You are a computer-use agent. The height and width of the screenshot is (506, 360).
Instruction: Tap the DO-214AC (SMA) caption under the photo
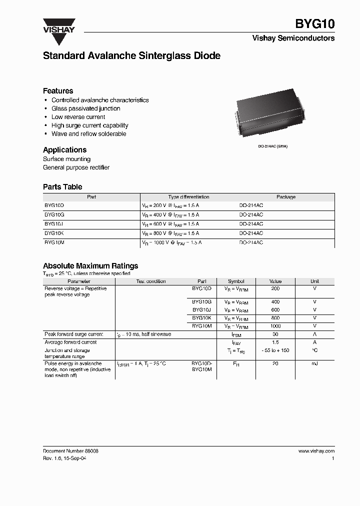[272, 145]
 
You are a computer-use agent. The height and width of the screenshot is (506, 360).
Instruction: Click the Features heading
[58, 91]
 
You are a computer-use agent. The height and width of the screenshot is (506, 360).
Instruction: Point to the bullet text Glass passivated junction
[85, 108]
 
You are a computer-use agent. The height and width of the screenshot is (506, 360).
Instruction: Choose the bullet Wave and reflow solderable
[88, 134]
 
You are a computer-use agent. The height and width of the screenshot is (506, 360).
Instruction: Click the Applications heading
[64, 150]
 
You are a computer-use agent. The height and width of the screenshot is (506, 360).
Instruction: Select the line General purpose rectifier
[76, 167]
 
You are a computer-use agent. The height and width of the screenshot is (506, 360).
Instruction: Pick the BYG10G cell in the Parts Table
[54, 214]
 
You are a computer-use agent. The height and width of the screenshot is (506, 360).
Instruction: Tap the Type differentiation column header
[188, 197]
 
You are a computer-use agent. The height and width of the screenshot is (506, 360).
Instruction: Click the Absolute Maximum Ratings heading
[90, 266]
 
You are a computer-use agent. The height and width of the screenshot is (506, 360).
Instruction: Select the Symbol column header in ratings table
[236, 281]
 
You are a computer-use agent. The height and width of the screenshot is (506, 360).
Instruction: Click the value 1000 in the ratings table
[275, 326]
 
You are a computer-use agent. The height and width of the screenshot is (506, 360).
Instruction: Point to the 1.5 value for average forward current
[275, 342]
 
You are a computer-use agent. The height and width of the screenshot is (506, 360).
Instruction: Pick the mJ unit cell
[314, 363]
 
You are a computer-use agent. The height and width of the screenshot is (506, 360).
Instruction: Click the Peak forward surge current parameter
[74, 334]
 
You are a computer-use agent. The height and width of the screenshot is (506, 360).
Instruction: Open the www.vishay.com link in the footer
[316, 451]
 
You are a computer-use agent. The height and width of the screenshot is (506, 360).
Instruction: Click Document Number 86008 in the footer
[70, 451]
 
